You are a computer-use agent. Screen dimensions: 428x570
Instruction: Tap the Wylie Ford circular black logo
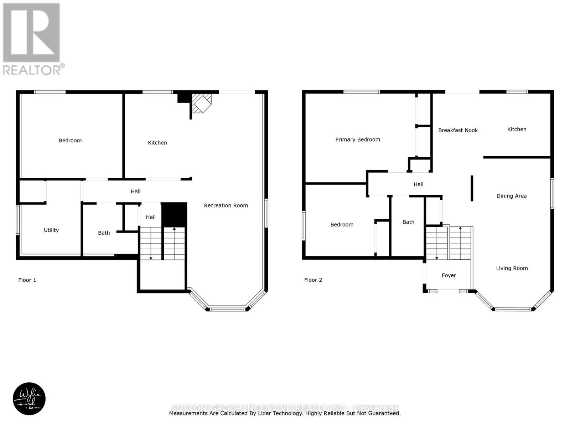[x=29, y=399]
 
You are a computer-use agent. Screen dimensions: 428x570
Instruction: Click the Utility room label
[x=51, y=230]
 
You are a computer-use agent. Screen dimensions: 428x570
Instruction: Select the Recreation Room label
[x=226, y=205]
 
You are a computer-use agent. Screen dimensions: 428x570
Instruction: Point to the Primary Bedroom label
[x=358, y=140]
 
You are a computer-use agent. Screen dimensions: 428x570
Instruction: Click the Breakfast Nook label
[x=458, y=131]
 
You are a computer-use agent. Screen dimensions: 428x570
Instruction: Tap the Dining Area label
[x=511, y=196]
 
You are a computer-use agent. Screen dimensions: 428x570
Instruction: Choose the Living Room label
[x=512, y=269]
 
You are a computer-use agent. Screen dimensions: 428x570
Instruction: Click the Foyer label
[x=449, y=276]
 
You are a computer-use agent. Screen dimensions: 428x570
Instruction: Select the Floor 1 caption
[x=27, y=280]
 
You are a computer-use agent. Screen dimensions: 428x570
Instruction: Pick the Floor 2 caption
[x=313, y=280]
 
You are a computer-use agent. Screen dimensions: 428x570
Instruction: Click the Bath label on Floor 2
[x=408, y=222]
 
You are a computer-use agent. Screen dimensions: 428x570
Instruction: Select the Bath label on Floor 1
[x=104, y=233]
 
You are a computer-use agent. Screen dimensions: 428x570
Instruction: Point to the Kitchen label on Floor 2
[x=517, y=129]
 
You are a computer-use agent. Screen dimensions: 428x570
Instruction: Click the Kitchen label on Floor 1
[x=157, y=143]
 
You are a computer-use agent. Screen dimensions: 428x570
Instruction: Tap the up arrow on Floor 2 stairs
[x=460, y=228]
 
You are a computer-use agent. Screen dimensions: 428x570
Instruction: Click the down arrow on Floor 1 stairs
[x=151, y=258]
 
